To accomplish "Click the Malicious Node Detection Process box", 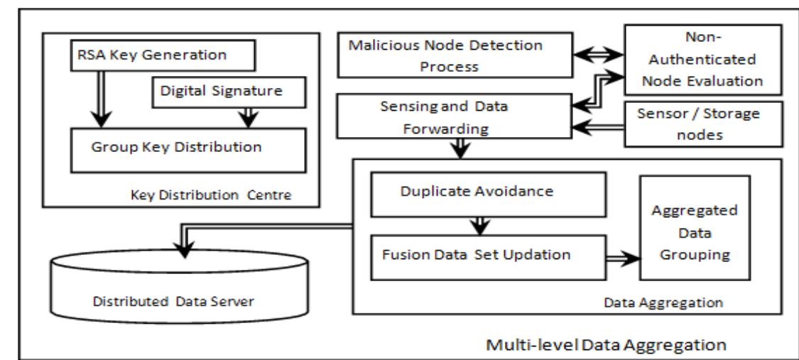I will (455, 57).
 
